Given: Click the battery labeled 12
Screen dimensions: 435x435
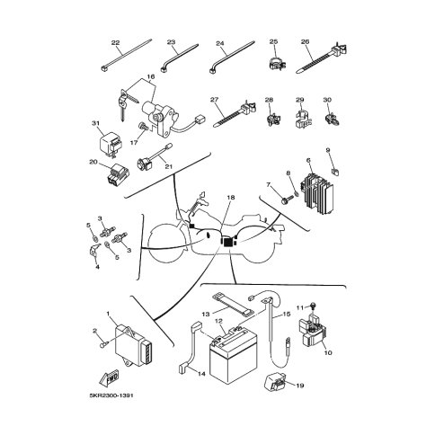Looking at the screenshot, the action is click(234, 355).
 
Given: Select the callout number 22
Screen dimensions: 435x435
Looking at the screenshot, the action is click(115, 43).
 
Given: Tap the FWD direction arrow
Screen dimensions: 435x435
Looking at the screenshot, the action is click(110, 378).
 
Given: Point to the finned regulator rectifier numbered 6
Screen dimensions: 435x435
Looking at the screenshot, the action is click(317, 194).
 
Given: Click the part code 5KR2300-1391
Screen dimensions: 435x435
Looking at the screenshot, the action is click(111, 395).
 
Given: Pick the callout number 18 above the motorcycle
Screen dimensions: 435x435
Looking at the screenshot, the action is click(231, 198).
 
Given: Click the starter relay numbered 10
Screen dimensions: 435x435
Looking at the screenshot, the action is click(312, 333).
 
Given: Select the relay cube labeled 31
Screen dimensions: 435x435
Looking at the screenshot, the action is click(110, 145).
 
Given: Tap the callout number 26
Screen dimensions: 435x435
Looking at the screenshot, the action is click(305, 42).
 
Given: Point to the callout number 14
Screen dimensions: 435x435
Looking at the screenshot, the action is click(201, 374).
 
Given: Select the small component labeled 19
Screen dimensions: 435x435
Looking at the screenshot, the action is click(276, 382).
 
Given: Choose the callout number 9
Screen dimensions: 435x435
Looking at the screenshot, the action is click(328, 150).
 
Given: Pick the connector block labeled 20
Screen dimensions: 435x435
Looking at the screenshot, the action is click(119, 174).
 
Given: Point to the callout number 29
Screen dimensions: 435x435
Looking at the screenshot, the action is click(300, 100).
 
